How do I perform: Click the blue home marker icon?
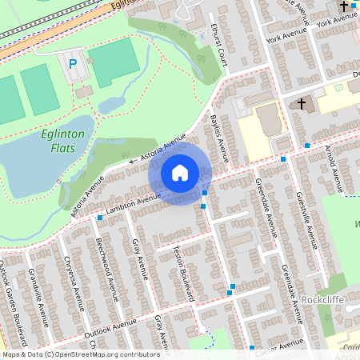point(180,172)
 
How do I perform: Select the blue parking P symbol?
point(74,64)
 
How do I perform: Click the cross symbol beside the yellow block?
point(302,104)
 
